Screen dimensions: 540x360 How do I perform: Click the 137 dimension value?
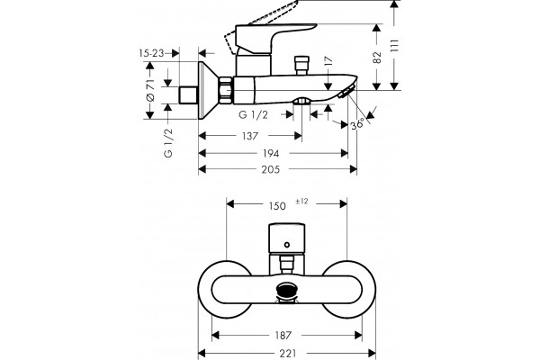[250, 136]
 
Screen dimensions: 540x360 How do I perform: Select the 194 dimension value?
[271, 153]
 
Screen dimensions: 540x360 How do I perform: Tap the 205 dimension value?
[271, 169]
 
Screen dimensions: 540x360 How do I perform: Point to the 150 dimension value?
[277, 206]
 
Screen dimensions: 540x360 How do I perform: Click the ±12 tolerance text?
[301, 202]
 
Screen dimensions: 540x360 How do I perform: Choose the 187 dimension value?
[283, 335]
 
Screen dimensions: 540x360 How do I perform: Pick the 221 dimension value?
[288, 354]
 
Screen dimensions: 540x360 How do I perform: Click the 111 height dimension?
[395, 46]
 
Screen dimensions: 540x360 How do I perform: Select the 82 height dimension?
[377, 58]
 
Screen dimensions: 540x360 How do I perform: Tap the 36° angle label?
[357, 124]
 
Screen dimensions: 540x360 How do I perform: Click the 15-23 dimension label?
[151, 53]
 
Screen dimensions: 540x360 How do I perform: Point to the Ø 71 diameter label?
[150, 90]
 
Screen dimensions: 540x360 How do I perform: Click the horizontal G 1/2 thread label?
[253, 114]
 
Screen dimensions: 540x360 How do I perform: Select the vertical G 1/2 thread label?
[168, 143]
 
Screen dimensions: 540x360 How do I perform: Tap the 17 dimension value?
[328, 61]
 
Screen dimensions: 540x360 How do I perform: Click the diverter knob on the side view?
[302, 65]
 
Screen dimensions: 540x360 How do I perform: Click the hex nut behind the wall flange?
[226, 90]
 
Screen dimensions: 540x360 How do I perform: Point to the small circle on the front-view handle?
[287, 245]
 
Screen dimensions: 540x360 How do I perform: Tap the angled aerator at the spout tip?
[346, 92]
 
